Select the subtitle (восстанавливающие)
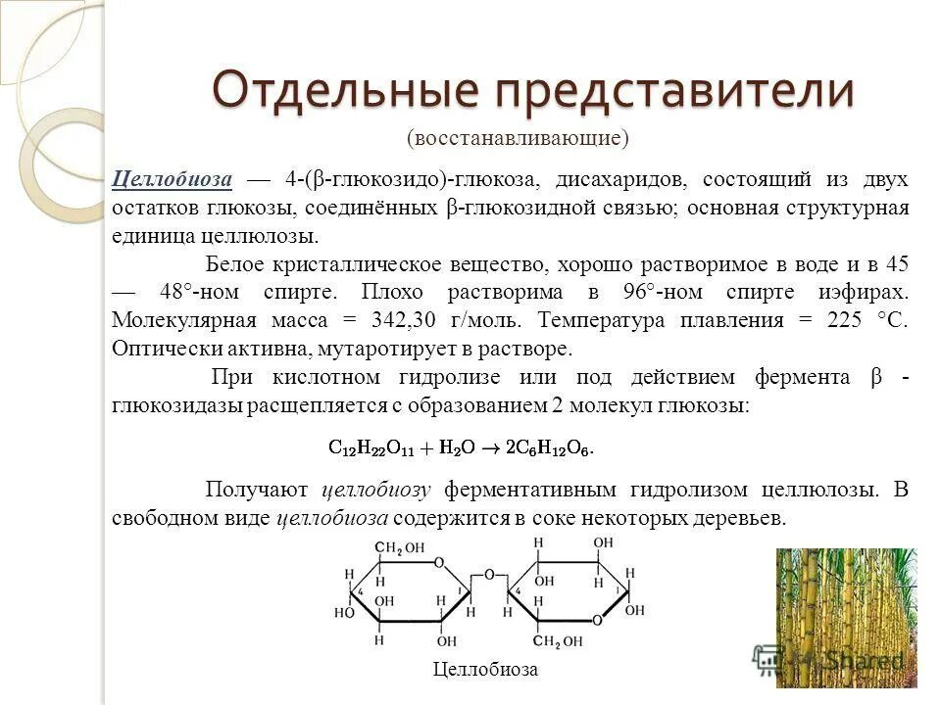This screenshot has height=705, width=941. click(518, 138)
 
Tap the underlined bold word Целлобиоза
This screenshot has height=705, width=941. click(173, 180)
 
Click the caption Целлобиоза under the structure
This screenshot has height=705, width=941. click(485, 669)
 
